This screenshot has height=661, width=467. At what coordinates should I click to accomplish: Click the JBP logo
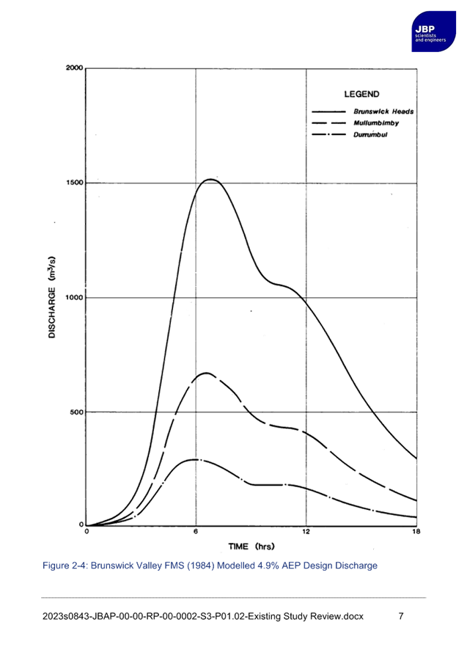[433, 32]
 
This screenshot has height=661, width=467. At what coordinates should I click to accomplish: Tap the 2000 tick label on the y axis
[75, 68]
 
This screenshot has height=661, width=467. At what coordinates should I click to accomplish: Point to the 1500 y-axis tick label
[75, 183]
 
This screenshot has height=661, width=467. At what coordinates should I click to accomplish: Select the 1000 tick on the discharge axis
[75, 298]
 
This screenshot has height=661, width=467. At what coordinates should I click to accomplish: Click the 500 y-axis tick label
[77, 412]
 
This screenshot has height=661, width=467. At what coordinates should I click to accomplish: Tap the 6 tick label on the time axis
[196, 531]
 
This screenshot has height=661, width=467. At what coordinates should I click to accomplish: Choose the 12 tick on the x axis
[306, 531]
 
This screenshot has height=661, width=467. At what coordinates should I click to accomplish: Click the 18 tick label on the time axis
[416, 531]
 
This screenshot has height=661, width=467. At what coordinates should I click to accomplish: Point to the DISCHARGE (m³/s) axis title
[52, 297]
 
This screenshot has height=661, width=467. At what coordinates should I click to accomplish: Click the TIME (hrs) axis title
[251, 547]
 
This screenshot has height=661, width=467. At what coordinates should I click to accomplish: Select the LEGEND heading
[361, 94]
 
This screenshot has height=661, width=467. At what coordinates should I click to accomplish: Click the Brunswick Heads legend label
[383, 112]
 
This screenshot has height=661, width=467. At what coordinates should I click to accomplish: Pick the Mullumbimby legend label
[376, 123]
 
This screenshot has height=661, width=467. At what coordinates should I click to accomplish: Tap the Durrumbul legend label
[370, 135]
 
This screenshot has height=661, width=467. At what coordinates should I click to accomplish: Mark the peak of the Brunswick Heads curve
[210, 179]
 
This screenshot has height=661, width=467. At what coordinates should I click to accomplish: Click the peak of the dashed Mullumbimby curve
[206, 373]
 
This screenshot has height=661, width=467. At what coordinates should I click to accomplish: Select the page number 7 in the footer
[401, 616]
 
